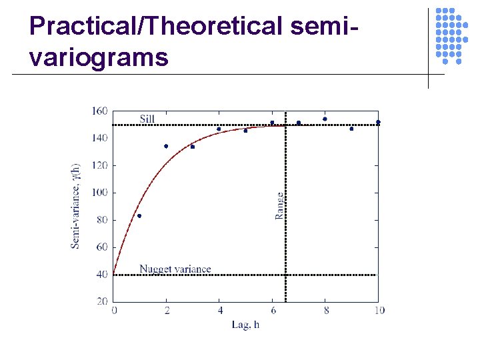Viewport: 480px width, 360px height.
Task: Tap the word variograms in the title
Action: coord(99,57)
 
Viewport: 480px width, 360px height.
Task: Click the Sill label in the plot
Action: coord(147,119)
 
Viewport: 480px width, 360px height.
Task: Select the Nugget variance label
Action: coord(175,269)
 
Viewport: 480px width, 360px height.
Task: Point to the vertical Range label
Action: coord(279,206)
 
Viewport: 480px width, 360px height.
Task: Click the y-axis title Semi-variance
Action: coord(75,205)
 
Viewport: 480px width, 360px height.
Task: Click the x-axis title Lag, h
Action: coord(245,325)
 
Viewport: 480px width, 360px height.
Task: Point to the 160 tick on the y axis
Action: coord(99,111)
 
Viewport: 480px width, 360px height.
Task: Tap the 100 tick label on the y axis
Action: coord(99,193)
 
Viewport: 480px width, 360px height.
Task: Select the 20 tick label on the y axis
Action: coord(101,301)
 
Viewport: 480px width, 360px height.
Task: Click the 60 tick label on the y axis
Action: coord(101,247)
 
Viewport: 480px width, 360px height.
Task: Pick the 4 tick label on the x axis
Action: coord(219,310)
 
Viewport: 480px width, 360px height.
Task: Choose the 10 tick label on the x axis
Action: coord(379,310)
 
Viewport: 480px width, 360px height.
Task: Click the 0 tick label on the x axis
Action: coord(114,310)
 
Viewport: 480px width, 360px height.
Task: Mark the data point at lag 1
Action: coord(139,216)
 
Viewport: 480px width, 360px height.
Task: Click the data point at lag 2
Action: coord(166,146)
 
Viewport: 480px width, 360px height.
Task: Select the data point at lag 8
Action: coord(325,119)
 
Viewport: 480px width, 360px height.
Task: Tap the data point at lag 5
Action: coord(245,131)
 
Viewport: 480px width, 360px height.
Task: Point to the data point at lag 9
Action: coord(351,129)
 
